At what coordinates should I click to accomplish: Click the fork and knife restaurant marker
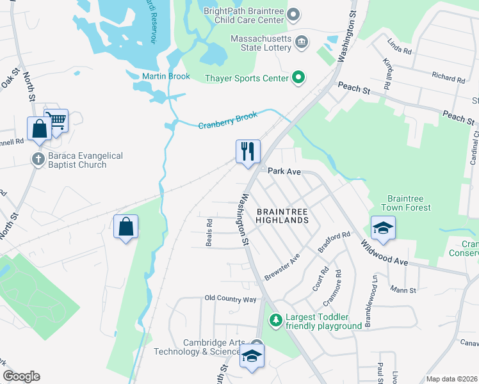[x=248, y=152]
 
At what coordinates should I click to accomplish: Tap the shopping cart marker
[x=56, y=120]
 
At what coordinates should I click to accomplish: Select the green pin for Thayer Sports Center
[x=298, y=78]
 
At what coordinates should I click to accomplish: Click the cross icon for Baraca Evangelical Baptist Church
[x=38, y=159]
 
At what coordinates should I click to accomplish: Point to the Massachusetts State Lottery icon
[x=302, y=44]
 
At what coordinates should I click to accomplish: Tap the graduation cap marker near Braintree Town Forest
[x=382, y=228]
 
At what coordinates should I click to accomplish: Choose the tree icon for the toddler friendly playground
[x=275, y=319]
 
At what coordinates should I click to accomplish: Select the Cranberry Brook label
[x=227, y=120]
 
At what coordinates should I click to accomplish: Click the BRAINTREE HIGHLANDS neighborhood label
[x=282, y=215]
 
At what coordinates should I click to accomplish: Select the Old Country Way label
[x=231, y=299]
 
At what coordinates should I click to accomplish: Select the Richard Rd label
[x=448, y=77]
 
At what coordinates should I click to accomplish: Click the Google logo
[x=21, y=376]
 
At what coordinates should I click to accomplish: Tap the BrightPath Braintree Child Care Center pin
[x=293, y=13]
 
